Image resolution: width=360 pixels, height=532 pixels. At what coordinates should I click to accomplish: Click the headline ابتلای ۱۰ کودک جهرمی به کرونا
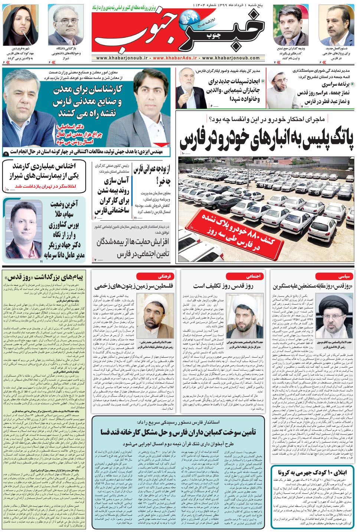(x=312, y=472)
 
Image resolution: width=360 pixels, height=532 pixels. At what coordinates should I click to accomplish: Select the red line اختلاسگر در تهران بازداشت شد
(x=45, y=186)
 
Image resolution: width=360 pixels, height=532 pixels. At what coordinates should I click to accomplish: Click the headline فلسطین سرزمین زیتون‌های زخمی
(x=134, y=286)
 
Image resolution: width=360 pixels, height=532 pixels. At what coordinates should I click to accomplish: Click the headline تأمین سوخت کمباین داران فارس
(x=178, y=432)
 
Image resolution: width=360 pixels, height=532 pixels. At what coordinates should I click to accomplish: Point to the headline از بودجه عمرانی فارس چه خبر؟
(x=151, y=175)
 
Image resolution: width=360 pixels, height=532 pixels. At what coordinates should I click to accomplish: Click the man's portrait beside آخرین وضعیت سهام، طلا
(x=23, y=229)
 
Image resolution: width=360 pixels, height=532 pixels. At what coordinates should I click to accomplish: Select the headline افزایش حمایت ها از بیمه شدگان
(x=132, y=242)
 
